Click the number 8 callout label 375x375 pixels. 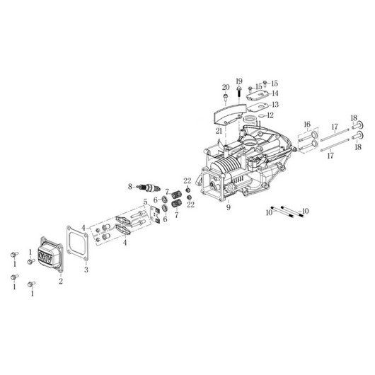130,186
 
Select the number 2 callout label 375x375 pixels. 61,280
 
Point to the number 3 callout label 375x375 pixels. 86,270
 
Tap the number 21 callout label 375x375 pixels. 220,130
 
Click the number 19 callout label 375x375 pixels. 239,81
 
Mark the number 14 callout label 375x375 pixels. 275,93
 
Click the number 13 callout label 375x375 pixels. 275,104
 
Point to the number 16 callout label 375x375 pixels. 306,123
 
